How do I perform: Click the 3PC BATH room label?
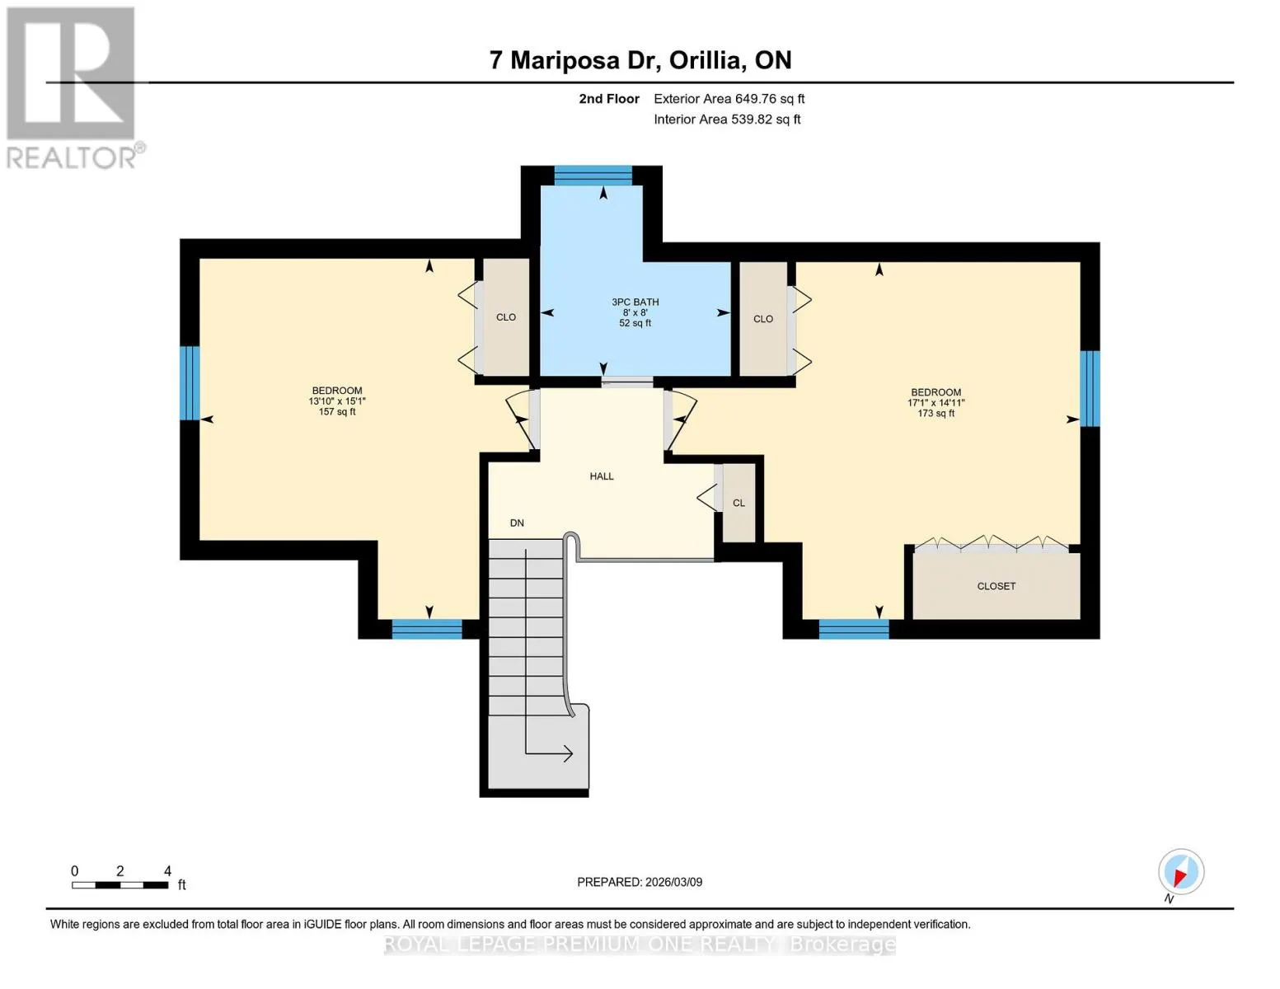tap(635, 302)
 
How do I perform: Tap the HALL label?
tap(602, 476)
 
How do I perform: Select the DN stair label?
tap(517, 523)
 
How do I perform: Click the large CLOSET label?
tap(996, 586)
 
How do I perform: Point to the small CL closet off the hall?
tap(738, 503)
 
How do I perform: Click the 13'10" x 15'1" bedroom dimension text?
tap(337, 401)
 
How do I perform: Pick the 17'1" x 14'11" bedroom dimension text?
tap(936, 403)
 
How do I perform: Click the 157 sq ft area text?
tap(337, 412)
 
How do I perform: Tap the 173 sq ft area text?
tap(936, 414)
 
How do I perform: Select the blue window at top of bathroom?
tap(593, 176)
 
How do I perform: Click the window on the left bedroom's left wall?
tap(190, 383)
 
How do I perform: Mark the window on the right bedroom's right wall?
tap(1090, 389)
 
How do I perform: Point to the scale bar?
tap(120, 884)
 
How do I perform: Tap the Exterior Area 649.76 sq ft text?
tap(729, 99)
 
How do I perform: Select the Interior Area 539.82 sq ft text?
tap(727, 120)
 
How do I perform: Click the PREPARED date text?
tap(640, 882)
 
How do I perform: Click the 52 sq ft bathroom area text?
tap(635, 323)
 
